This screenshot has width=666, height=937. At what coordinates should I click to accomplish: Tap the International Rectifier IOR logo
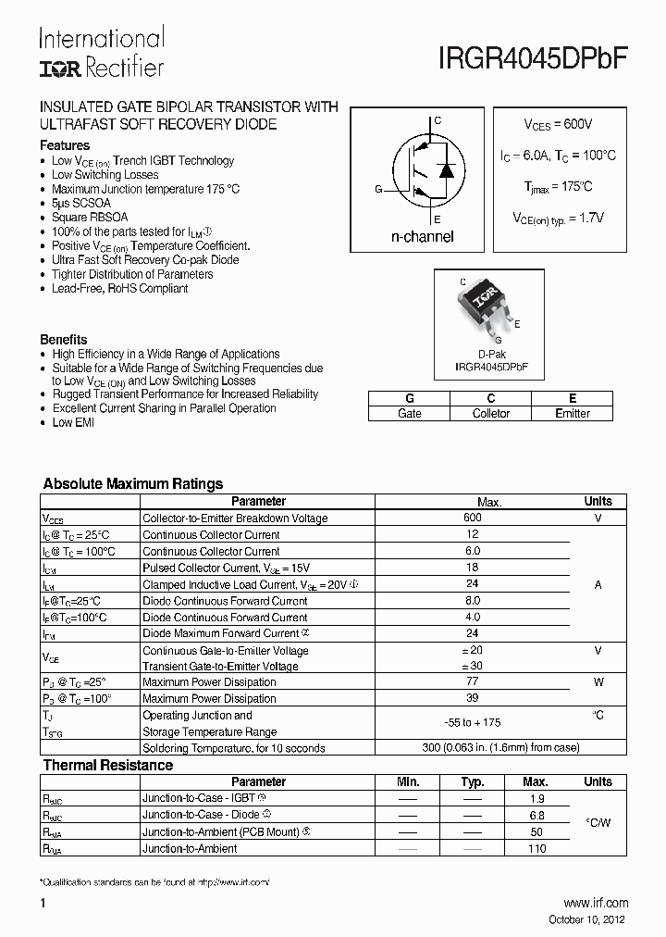point(61,68)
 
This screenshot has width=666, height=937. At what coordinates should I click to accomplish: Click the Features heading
point(65,145)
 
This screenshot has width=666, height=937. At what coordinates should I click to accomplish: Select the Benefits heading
point(64,340)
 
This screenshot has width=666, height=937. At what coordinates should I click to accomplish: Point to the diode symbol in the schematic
point(446,170)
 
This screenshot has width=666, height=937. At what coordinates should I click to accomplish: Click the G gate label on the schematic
point(378,190)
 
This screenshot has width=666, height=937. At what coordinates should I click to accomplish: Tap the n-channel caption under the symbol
point(422,237)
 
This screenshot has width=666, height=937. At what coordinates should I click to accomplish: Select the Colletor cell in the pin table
point(491,414)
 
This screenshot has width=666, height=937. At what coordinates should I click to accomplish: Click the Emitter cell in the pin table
point(573,414)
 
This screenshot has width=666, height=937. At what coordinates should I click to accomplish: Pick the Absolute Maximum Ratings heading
point(133,483)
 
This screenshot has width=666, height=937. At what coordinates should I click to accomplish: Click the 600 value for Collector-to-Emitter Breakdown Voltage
point(473,518)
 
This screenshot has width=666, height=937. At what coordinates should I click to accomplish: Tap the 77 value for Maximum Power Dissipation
point(473,682)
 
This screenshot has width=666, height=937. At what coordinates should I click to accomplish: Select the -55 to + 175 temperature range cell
point(473,723)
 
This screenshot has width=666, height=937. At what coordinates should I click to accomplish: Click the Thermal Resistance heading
point(108,765)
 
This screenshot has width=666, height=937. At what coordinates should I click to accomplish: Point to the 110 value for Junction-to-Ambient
point(536,848)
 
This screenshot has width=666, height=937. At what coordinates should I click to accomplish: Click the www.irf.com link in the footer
point(596,903)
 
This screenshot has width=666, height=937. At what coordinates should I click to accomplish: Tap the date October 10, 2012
point(588,919)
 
